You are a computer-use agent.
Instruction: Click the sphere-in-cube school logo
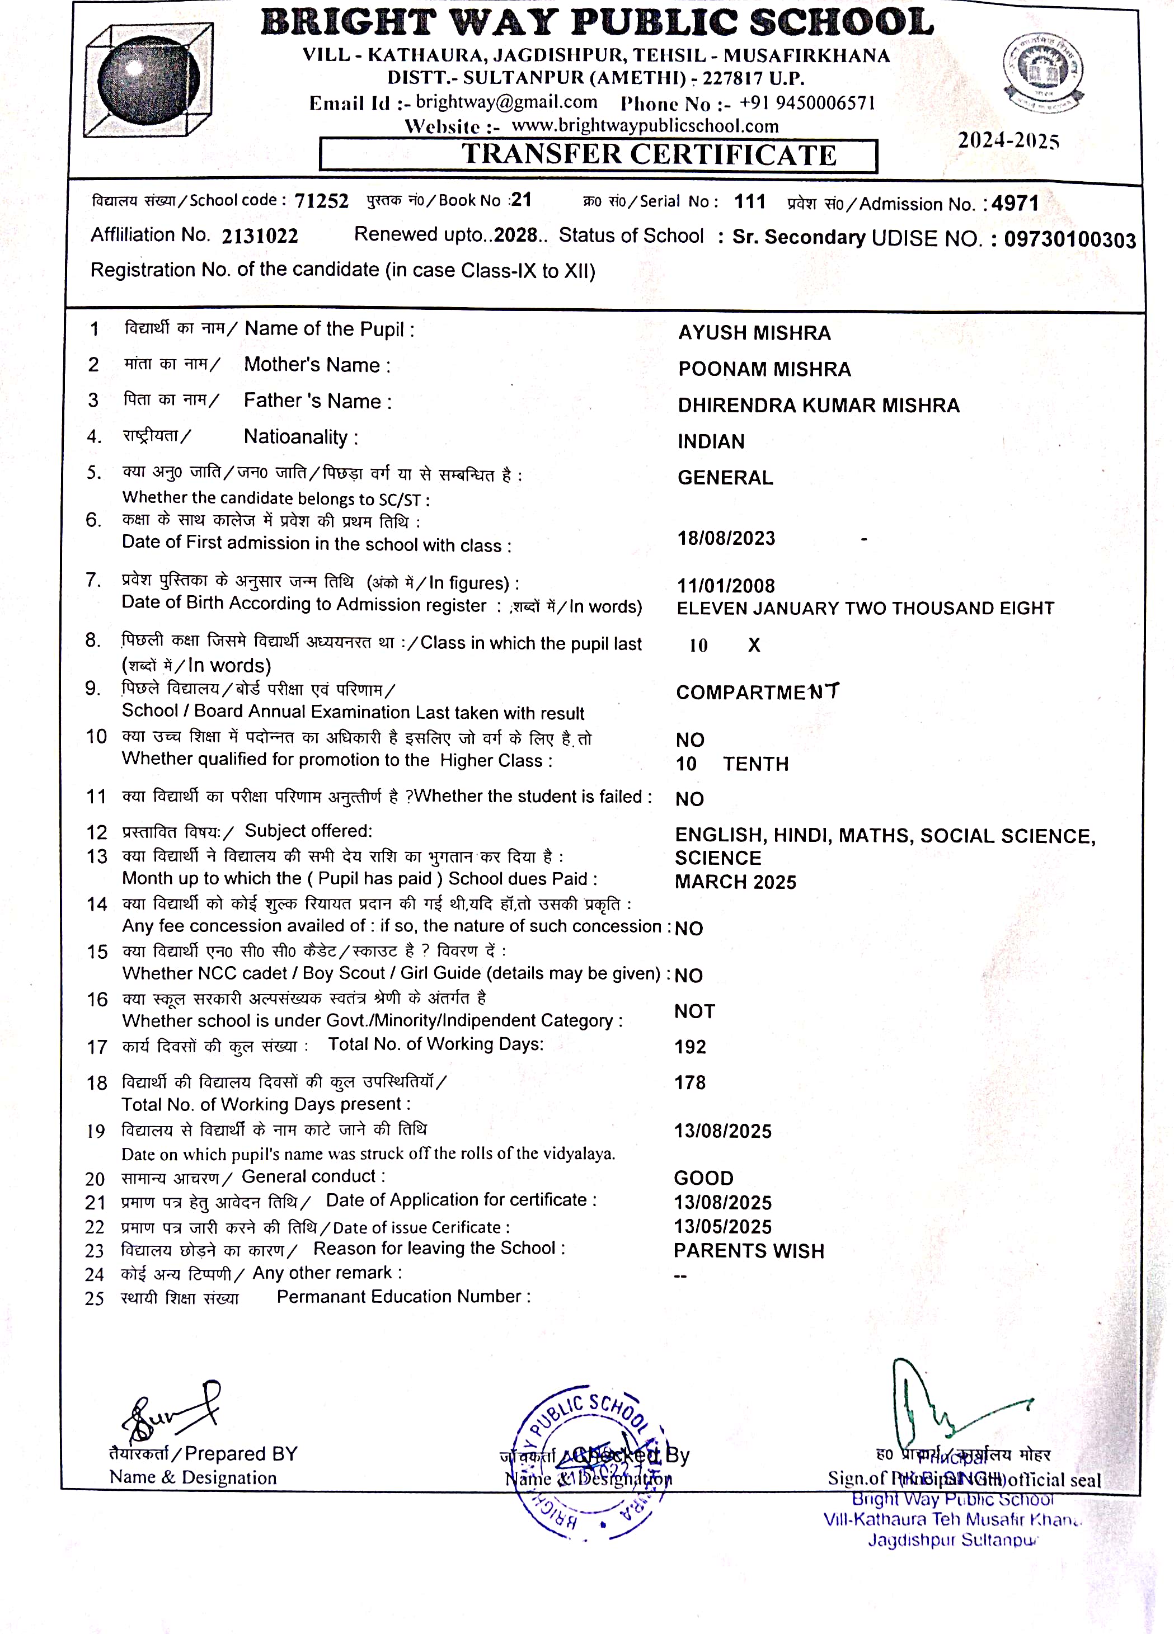pyautogui.click(x=148, y=79)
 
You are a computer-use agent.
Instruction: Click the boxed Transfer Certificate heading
pyautogui.click(x=598, y=155)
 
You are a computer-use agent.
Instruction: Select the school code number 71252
pyautogui.click(x=321, y=201)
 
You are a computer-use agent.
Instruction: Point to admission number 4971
pyautogui.click(x=1015, y=203)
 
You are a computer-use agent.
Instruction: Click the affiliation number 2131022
pyautogui.click(x=260, y=236)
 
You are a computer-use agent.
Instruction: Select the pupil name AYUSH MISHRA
pyautogui.click(x=754, y=333)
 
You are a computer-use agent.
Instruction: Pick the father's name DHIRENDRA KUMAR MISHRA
pyautogui.click(x=818, y=406)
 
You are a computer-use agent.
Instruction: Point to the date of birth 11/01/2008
pyautogui.click(x=726, y=586)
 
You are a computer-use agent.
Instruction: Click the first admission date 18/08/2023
pyautogui.click(x=726, y=538)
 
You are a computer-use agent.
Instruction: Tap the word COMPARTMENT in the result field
pyautogui.click(x=757, y=693)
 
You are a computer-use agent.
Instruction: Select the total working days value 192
pyautogui.click(x=690, y=1047)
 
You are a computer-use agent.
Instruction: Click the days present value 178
pyautogui.click(x=690, y=1082)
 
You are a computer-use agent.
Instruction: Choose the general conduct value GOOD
pyautogui.click(x=703, y=1178)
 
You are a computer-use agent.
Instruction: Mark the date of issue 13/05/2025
pyautogui.click(x=722, y=1226)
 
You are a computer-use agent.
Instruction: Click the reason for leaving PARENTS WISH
pyautogui.click(x=749, y=1251)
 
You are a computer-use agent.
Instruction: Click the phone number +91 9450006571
pyautogui.click(x=807, y=103)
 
